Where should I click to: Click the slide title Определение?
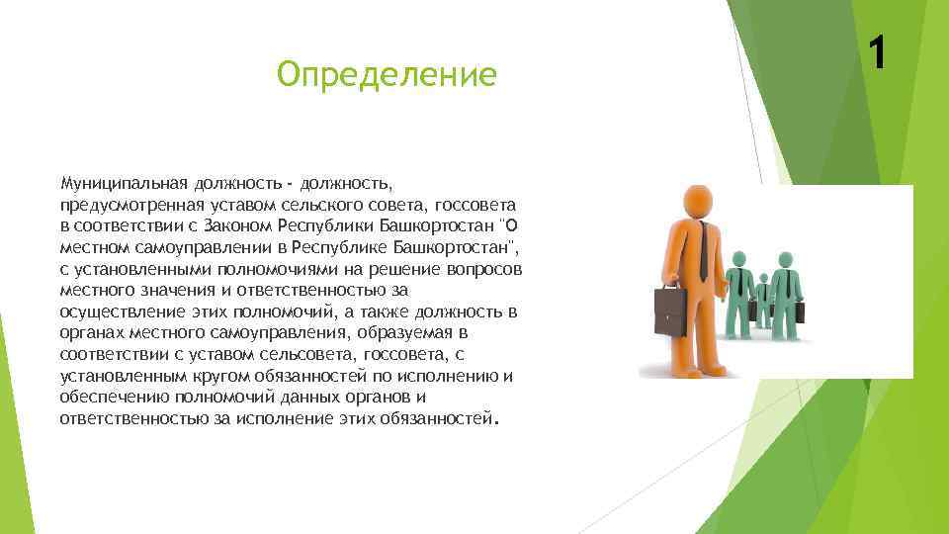pyautogui.click(x=387, y=74)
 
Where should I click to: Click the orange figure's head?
pyautogui.click(x=699, y=204)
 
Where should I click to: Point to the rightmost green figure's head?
pyautogui.click(x=785, y=260)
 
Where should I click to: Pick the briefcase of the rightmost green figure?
pyautogui.click(x=799, y=311)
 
